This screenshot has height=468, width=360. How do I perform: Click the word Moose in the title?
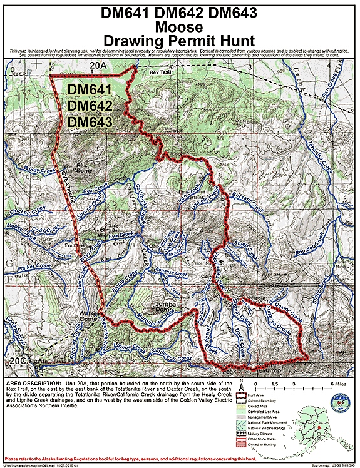[180, 27]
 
